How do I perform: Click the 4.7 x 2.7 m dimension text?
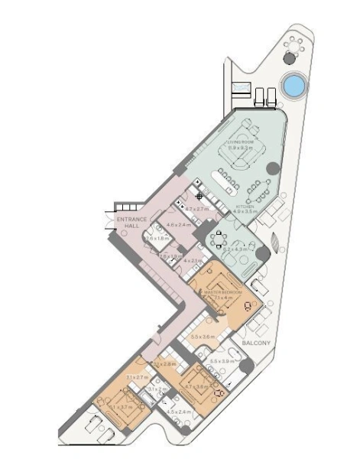(x=198, y=208)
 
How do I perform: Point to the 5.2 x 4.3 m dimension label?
(x=235, y=249)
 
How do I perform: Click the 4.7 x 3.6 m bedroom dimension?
(x=196, y=387)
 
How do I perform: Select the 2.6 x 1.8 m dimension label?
(x=157, y=239)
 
